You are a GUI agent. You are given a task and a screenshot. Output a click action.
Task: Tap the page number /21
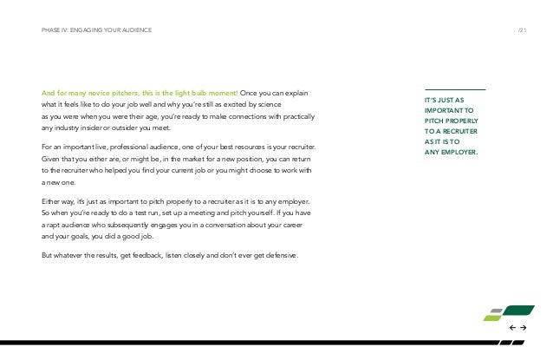[522, 31]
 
